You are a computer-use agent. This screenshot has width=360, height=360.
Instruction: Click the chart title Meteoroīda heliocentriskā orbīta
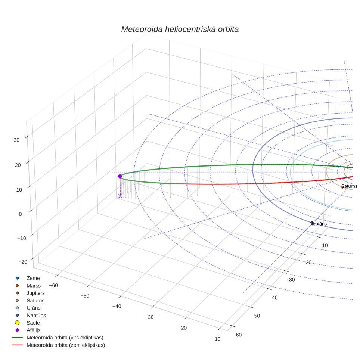tap(180, 29)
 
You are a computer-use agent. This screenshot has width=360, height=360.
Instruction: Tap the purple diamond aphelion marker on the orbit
tap(120, 176)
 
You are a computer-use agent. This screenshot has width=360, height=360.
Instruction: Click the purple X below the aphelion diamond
tap(120, 196)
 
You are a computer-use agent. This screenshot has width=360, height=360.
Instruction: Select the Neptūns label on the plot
tap(318, 224)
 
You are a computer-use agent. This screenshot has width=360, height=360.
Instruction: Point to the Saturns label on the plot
tap(349, 186)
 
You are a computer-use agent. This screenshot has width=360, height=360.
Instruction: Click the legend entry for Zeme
tap(33, 278)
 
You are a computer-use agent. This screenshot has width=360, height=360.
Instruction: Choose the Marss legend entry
tap(34, 286)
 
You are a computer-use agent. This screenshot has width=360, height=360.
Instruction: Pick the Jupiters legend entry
tap(35, 293)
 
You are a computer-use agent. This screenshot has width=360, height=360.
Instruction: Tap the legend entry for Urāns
tap(34, 308)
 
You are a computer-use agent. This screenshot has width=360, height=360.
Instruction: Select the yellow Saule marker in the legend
tap(17, 323)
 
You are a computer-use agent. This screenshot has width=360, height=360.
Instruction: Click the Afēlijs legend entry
tap(34, 330)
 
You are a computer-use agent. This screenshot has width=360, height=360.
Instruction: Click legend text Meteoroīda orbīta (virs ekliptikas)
tap(65, 338)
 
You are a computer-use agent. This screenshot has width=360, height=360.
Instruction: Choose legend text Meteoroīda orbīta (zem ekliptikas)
tap(66, 345)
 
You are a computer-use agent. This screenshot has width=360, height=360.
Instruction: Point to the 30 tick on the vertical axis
tap(16, 140)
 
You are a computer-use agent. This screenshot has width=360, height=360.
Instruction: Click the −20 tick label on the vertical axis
tap(22, 262)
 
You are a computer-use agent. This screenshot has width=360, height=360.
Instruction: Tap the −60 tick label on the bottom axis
tap(53, 285)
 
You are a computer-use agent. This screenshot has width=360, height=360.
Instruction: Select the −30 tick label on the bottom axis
tap(149, 317)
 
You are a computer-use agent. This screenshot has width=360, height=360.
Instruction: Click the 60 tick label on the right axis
tap(239, 335)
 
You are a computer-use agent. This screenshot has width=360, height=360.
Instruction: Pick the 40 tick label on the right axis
tap(275, 298)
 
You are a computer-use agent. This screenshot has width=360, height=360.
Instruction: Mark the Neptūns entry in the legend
tap(36, 315)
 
